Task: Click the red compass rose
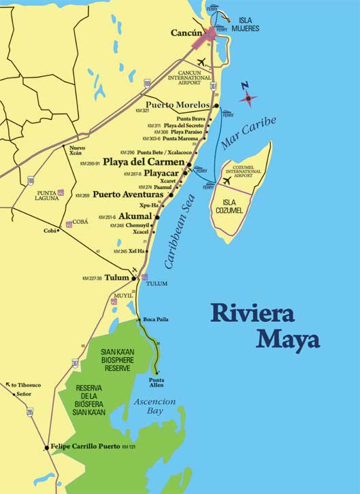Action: coord(248,99)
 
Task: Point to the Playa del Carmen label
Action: coord(144,163)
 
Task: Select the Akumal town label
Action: coord(135,216)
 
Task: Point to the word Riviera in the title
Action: coord(252,314)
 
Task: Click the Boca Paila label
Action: coord(156,320)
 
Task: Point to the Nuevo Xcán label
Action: coord(78,151)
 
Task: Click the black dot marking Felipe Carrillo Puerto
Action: coord(46,447)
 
